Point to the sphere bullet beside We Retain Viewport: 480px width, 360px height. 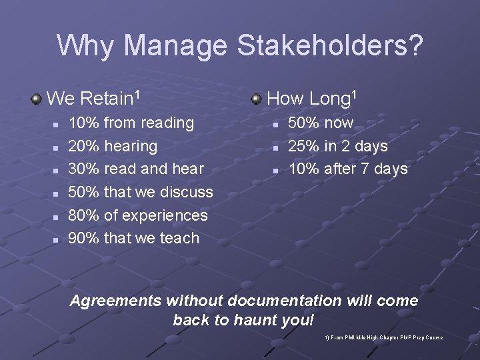click(37, 99)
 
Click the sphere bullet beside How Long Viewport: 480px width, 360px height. click(256, 99)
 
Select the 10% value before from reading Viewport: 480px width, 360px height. click(85, 123)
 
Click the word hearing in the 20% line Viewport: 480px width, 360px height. click(131, 146)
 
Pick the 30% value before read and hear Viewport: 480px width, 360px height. click(85, 169)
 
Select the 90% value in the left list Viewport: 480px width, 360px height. click(85, 238)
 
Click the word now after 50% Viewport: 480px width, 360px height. click(339, 123)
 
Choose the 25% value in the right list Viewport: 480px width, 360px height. click(303, 145)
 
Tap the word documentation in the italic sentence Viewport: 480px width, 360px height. click(287, 301)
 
